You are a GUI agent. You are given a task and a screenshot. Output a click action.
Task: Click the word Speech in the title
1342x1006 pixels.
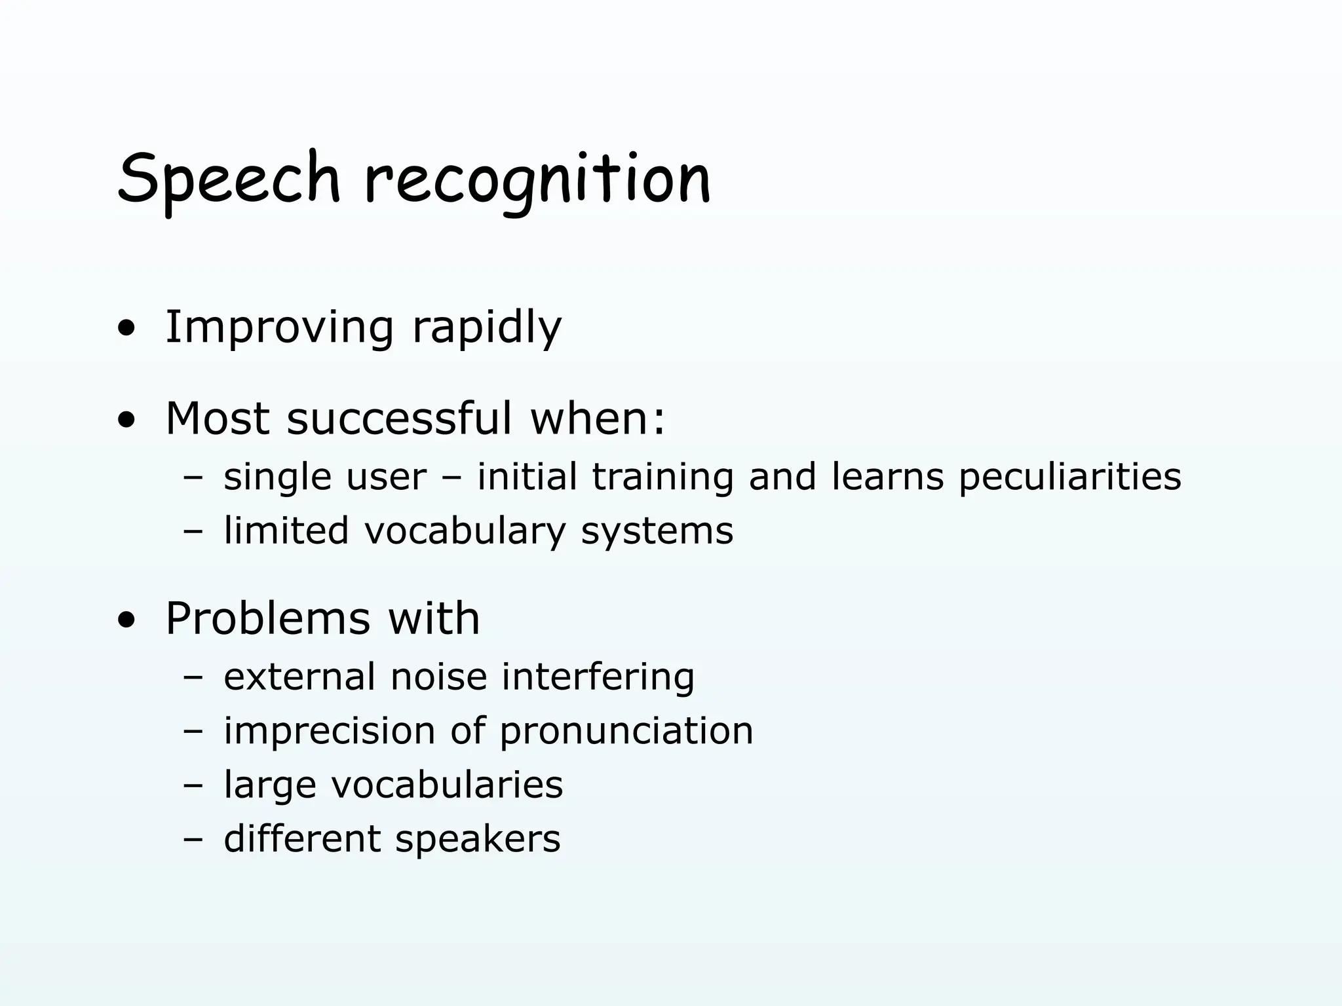tap(229, 178)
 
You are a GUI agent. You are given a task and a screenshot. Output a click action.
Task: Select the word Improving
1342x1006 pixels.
tap(279, 327)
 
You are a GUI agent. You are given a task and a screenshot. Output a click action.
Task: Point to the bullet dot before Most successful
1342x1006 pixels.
tap(126, 420)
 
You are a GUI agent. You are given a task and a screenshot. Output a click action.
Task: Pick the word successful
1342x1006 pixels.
tap(399, 419)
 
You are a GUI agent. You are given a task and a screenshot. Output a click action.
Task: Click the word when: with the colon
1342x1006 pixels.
tap(598, 419)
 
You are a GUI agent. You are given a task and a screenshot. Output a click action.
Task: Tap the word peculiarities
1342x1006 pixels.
tap(1070, 477)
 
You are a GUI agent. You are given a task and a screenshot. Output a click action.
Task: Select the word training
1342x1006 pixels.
tap(662, 477)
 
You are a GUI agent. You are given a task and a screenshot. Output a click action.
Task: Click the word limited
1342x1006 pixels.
tap(286, 531)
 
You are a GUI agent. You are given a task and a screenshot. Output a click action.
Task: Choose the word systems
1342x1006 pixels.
tap(657, 532)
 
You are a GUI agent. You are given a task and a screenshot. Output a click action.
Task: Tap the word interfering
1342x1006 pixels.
tap(598, 677)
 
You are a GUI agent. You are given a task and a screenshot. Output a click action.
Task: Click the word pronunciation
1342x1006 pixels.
tap(626, 732)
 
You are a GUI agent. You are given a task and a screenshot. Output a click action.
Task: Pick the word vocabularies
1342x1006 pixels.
tap(447, 785)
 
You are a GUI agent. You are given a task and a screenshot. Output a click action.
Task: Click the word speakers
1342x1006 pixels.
tap(478, 840)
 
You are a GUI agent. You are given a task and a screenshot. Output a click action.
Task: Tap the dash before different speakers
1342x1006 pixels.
tap(193, 840)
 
